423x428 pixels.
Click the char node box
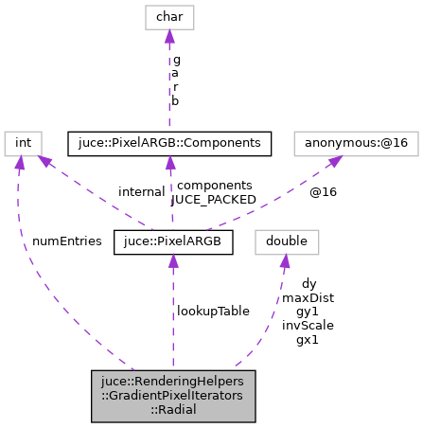point(168,17)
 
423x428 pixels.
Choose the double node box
point(286,241)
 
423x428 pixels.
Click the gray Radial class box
point(173,395)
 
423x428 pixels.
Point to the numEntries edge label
point(66,241)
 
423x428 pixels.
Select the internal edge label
point(142,192)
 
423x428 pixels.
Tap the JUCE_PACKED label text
point(213,200)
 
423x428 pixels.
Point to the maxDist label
point(308,296)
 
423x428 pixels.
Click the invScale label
point(308,325)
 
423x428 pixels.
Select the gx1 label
point(308,339)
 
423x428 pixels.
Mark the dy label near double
point(308,282)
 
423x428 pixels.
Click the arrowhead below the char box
point(168,37)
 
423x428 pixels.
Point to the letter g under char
point(176,59)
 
